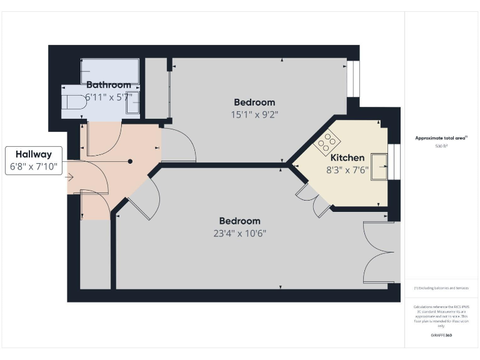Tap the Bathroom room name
pos(109,85)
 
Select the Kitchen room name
pos(347,157)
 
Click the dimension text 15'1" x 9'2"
pos(254,114)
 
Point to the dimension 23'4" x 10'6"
pos(240,234)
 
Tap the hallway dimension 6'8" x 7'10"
pos(34,167)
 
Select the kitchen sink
pos(379,165)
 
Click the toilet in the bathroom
pos(74,104)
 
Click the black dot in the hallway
pos(131,161)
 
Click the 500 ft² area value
pos(442,146)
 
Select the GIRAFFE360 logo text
pos(442,336)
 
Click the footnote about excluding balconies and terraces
pos(442,288)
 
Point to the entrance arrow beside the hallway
pos(69,177)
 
